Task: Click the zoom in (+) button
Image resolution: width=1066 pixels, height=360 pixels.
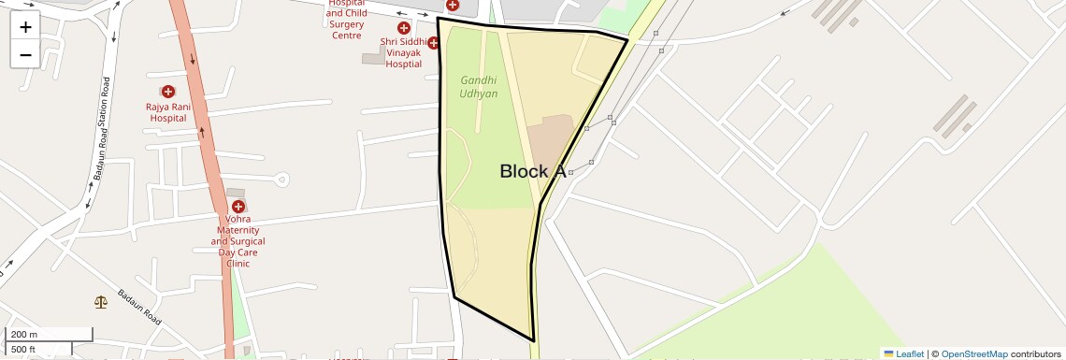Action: click(25, 27)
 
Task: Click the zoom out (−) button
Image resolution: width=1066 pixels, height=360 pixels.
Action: click(25, 54)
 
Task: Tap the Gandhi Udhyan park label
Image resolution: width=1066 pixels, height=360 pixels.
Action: click(479, 87)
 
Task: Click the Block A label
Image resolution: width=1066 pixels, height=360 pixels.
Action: click(532, 171)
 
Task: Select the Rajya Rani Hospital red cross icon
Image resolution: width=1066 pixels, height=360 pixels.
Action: click(168, 92)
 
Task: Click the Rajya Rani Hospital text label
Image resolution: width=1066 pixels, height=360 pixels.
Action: click(167, 112)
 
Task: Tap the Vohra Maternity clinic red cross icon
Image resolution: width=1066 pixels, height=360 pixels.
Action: click(238, 206)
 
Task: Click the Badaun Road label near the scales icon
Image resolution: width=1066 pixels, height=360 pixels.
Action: click(139, 308)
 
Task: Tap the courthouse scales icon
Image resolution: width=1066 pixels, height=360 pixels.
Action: click(100, 302)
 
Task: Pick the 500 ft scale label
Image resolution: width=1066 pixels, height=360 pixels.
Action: click(23, 350)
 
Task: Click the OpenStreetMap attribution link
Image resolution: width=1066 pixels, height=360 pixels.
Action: click(973, 353)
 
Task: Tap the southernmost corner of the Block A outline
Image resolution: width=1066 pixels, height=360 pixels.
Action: click(533, 341)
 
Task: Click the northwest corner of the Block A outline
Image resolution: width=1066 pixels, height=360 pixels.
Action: click(438, 18)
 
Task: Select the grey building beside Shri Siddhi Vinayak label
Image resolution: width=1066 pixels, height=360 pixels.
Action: click(372, 59)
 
